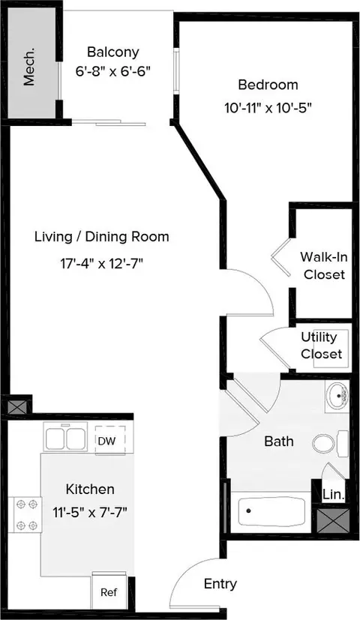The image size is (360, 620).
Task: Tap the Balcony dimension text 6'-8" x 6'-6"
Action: click(113, 71)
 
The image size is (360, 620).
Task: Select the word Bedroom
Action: click(268, 85)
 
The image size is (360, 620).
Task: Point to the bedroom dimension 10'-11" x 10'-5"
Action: click(268, 107)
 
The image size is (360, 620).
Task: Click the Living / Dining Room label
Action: click(102, 236)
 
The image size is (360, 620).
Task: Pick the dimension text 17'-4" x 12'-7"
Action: click(101, 263)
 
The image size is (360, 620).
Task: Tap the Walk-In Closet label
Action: click(324, 265)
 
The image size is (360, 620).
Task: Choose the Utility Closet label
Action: click(321, 345)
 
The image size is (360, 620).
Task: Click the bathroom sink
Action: click(337, 396)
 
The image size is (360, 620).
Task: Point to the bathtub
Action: click(271, 511)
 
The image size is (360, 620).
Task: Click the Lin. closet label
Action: click(334, 494)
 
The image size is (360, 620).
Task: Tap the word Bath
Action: click(279, 441)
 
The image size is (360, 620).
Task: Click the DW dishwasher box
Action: click(110, 441)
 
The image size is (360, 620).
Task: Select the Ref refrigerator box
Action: click(109, 592)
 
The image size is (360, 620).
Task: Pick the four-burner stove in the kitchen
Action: click(25, 514)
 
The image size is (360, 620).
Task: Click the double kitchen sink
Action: click(66, 438)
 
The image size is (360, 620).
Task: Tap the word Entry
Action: click(220, 584)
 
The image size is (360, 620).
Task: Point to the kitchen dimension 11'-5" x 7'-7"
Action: click(90, 513)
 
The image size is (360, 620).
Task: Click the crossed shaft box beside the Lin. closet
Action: click(333, 520)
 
